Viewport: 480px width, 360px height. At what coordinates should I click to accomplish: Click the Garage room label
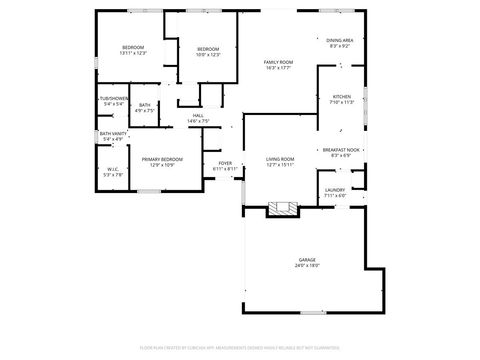coord(306,260)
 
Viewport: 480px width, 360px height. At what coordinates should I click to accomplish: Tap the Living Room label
coord(280,159)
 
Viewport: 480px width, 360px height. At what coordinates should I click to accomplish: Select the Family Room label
coord(279,62)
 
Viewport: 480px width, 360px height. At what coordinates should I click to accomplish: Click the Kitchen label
coord(342,97)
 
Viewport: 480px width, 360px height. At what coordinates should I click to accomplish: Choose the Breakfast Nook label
coord(341,150)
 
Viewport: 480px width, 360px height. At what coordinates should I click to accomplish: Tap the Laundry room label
coord(335,190)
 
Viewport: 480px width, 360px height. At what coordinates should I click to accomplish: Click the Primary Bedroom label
coord(162,159)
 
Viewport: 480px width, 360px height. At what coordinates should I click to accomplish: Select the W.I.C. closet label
coord(114,169)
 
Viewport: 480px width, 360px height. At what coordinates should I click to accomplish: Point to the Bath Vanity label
coord(113,134)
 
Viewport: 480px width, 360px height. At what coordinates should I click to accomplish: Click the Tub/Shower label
coord(113,98)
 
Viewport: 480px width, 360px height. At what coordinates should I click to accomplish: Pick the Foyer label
coord(225,163)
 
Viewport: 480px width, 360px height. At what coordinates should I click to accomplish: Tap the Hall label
coord(198,115)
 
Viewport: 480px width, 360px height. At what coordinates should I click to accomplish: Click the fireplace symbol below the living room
coord(282,209)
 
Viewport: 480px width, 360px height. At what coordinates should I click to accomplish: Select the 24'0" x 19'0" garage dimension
coord(306,266)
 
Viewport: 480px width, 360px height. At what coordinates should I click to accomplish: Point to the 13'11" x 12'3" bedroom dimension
coord(133,52)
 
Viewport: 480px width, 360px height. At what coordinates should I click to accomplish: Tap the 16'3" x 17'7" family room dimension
coord(279,68)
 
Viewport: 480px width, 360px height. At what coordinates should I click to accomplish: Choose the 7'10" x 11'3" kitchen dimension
coord(342,102)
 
